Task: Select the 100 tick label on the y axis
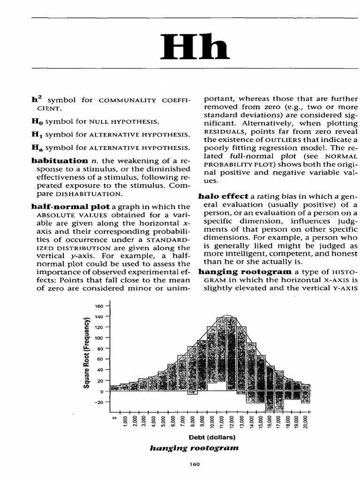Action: click(x=98, y=338)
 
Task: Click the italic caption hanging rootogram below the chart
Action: click(x=194, y=448)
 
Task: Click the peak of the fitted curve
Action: click(x=227, y=315)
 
